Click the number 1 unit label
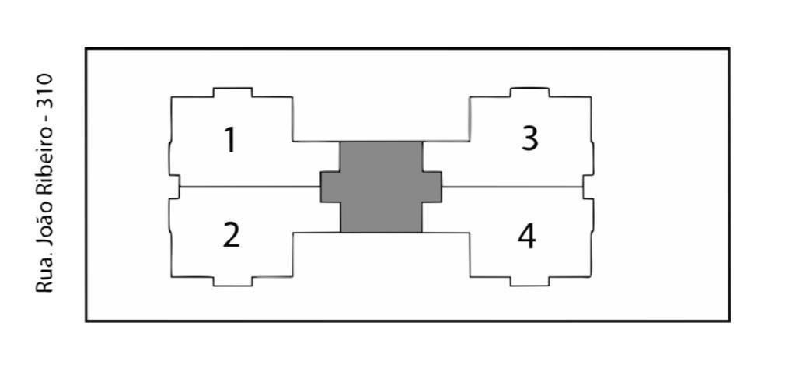click(230, 140)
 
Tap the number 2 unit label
click(231, 236)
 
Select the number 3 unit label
click(529, 138)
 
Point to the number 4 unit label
click(527, 237)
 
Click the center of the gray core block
click(381, 187)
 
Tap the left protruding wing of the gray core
click(330, 187)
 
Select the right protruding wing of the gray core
click(431, 187)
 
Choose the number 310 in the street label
click(44, 90)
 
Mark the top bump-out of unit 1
click(232, 93)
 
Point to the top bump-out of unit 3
click(529, 93)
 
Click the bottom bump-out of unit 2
click(232, 281)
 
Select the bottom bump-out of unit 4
click(529, 281)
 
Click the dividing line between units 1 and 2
click(250, 187)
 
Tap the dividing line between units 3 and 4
click(512, 187)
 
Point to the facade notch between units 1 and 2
click(174, 187)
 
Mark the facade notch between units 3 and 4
click(588, 187)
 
